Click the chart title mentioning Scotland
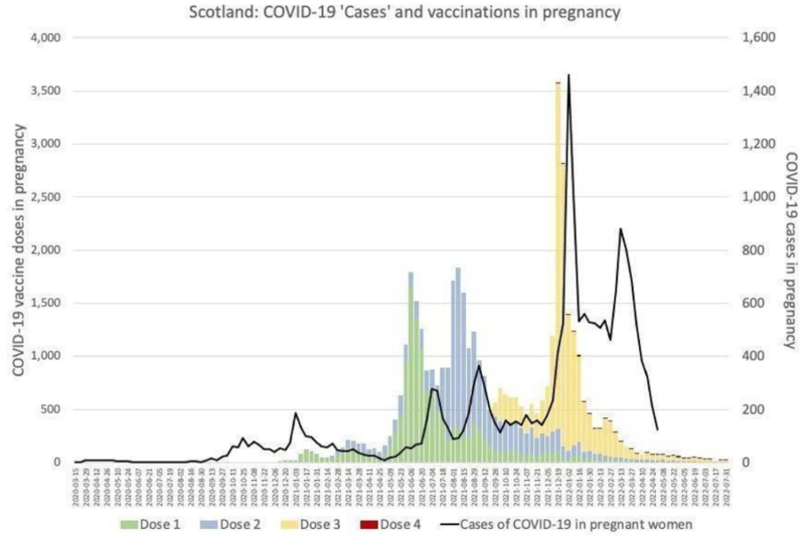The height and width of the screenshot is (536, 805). [402, 13]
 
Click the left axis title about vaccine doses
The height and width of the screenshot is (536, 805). [17, 250]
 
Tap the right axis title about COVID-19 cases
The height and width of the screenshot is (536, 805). [788, 250]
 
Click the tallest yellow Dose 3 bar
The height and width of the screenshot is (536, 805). [557, 236]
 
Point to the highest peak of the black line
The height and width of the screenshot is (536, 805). [568, 76]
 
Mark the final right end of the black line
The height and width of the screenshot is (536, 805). [657, 430]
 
